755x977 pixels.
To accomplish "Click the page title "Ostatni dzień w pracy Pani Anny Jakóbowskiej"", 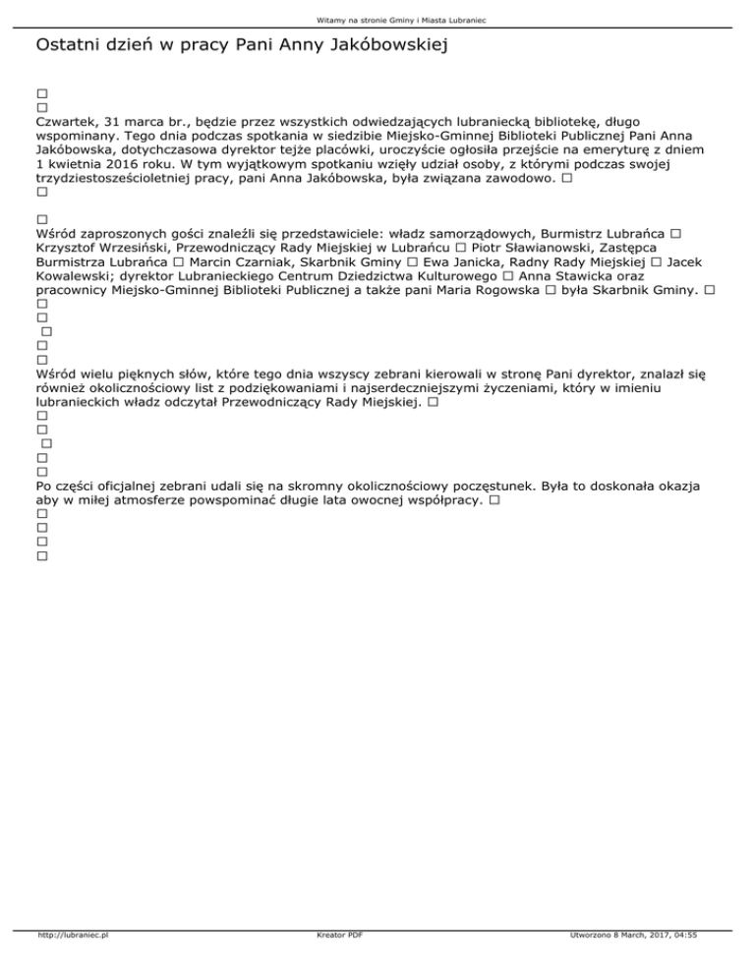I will point(241,46).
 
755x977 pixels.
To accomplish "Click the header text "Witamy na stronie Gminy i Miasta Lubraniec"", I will point(377,19).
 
